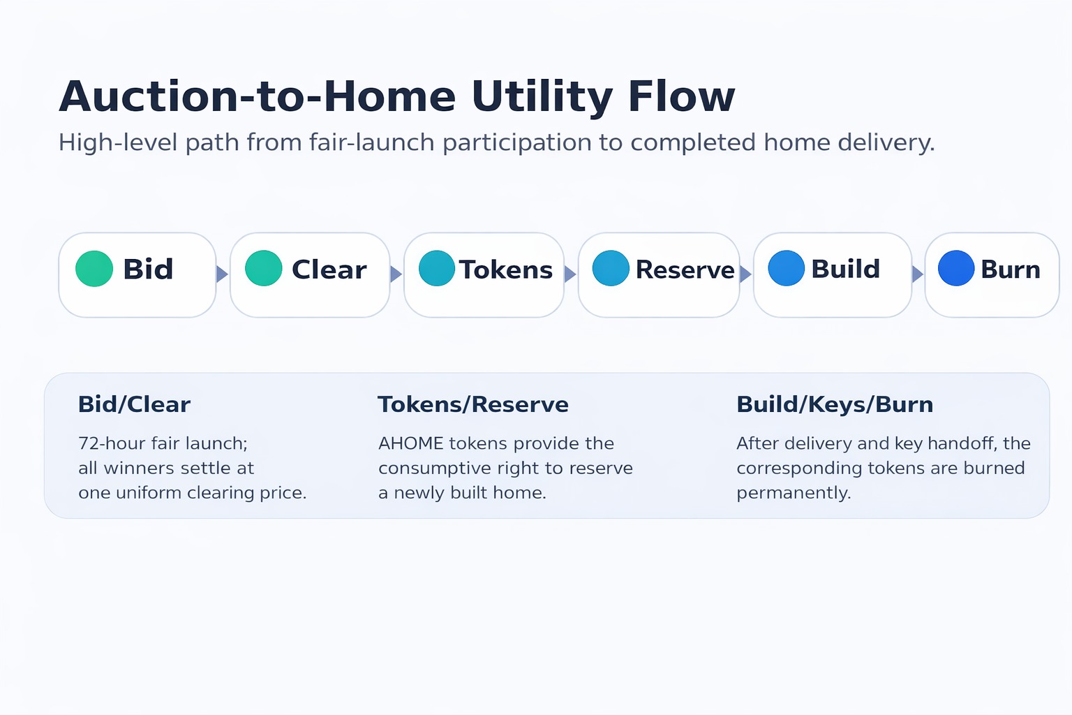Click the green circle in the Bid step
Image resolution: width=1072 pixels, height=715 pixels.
(x=94, y=269)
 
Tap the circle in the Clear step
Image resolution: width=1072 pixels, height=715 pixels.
(x=264, y=269)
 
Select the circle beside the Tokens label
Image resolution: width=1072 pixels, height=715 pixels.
(x=437, y=269)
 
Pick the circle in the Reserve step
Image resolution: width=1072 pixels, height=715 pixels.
(x=611, y=269)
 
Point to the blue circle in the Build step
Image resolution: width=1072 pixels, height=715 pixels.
(x=787, y=269)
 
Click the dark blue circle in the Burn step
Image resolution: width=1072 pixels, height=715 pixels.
(x=956, y=269)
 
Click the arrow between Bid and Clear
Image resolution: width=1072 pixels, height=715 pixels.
(x=222, y=274)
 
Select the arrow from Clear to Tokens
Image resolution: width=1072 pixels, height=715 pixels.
(x=396, y=274)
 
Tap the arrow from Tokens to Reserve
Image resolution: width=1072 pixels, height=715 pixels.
(x=570, y=274)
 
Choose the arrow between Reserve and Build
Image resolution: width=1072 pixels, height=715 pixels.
(x=745, y=274)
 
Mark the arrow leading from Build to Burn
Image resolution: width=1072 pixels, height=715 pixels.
(x=918, y=274)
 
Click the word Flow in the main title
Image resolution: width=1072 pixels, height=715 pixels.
(x=681, y=96)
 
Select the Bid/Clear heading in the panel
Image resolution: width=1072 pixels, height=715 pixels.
(x=134, y=404)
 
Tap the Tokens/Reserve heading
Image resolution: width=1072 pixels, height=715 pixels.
(x=473, y=404)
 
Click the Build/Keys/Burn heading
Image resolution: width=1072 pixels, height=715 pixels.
(x=835, y=404)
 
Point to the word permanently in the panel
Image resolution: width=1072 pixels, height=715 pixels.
(x=794, y=493)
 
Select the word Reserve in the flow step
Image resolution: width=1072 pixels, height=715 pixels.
(x=685, y=270)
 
